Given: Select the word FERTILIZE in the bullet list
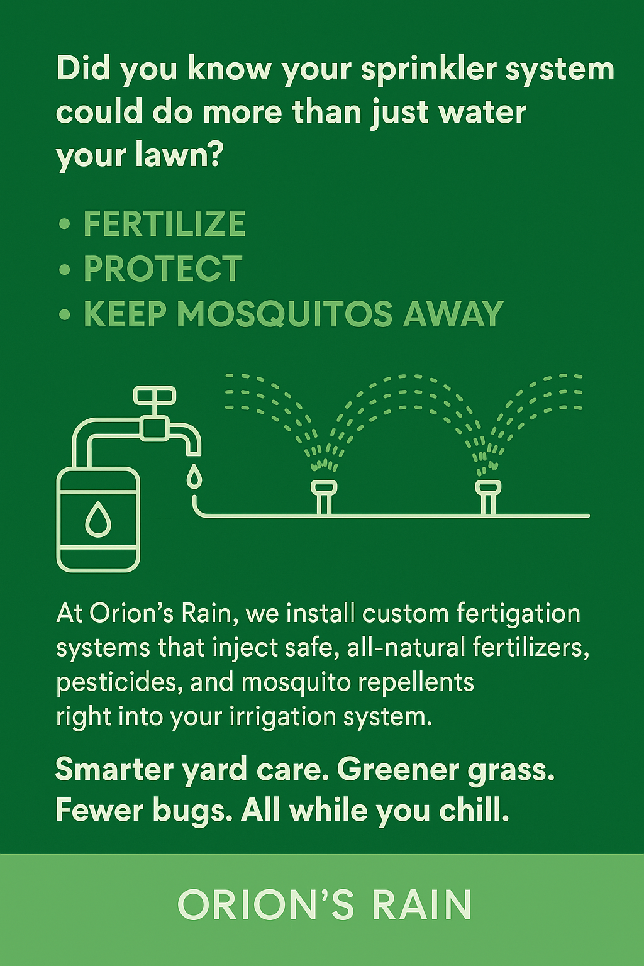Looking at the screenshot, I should pos(164,224).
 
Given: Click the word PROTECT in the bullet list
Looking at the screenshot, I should pos(163,269).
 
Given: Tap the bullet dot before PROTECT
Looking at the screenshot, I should pos(64,269).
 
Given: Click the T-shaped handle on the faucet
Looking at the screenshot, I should pos(154,396).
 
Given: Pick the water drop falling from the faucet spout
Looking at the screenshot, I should pos(194,476).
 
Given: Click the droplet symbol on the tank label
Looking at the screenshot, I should pos(97,519).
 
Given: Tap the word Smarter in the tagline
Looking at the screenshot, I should pos(114,769).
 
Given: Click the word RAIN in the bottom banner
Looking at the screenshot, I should pos(421,906).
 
